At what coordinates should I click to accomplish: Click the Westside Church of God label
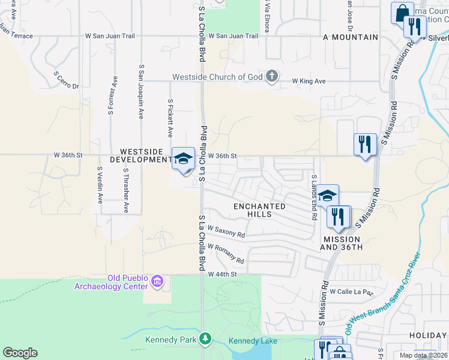tap(218, 77)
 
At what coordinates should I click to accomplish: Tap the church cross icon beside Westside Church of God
tap(272, 76)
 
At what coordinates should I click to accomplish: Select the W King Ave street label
tap(309, 80)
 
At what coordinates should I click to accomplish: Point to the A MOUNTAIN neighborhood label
tap(351, 37)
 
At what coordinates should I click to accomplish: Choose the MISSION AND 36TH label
tap(343, 242)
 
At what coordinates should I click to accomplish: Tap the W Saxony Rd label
tap(226, 231)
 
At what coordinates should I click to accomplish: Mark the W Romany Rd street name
tap(226, 253)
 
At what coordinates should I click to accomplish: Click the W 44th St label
tap(223, 274)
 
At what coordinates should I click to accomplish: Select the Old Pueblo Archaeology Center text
tap(110, 281)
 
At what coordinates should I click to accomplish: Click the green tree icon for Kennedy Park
tap(206, 340)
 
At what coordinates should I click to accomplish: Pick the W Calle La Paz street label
tap(351, 292)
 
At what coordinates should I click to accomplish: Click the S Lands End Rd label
tap(313, 197)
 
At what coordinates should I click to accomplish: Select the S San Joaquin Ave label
tap(142, 91)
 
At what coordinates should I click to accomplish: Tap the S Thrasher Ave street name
tap(125, 190)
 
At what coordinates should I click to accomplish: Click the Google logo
tap(20, 353)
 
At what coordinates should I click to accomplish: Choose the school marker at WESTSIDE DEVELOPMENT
tap(184, 159)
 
